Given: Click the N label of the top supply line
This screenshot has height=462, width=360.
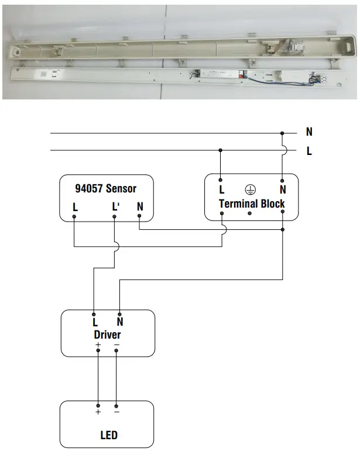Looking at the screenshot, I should click(309, 133).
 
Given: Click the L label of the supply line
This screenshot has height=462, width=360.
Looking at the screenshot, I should click(309, 151).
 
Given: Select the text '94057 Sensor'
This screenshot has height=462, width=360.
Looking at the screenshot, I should click(106, 188).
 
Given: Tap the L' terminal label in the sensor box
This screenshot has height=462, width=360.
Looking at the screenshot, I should click(115, 207).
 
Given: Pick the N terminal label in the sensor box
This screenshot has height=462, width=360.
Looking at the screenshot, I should click(139, 206).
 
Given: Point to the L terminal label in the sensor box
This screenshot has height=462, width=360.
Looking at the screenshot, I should click(75, 207).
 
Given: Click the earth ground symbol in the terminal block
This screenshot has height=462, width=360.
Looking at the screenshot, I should click(251, 189).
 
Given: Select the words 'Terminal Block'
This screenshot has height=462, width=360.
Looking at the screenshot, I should click(252, 204).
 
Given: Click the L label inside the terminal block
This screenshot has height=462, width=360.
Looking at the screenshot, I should click(221, 189).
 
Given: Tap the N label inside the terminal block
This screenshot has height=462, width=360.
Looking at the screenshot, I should click(283, 189).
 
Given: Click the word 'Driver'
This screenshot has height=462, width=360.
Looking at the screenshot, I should click(107, 335).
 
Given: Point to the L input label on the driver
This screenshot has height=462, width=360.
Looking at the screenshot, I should click(94, 322).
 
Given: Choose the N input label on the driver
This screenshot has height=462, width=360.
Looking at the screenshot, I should click(119, 322).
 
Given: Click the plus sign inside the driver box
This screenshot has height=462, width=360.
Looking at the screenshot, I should click(98, 345).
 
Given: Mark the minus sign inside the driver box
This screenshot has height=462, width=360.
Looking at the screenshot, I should click(116, 345).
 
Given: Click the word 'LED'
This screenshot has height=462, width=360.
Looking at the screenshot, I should click(108, 435).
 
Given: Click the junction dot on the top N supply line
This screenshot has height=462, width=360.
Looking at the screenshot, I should click(283, 133).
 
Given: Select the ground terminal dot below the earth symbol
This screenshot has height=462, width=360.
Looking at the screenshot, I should click(251, 214).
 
